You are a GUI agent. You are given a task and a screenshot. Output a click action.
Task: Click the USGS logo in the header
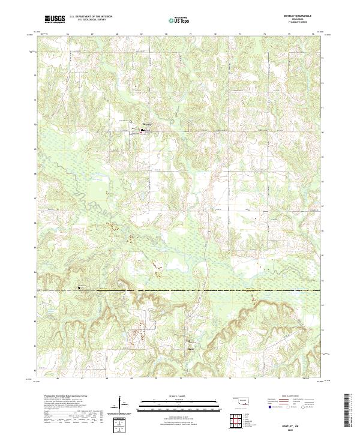click(x=55, y=19)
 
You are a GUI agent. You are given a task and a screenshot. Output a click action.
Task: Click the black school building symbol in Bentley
click(x=143, y=129)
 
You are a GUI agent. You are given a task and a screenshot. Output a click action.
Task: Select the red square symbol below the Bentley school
click(x=142, y=133)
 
